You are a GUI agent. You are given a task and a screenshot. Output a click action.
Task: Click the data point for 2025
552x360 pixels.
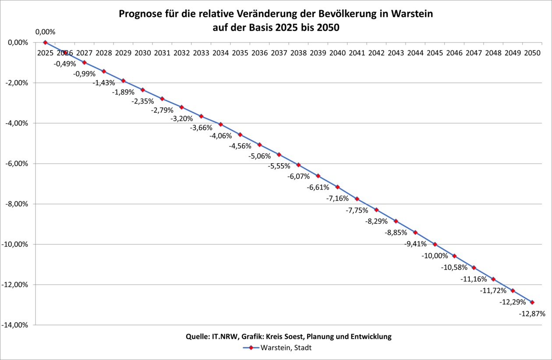[45, 43]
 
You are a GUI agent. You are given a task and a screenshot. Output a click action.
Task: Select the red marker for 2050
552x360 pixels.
[532, 302]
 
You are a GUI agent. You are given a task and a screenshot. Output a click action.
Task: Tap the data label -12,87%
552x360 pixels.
[532, 314]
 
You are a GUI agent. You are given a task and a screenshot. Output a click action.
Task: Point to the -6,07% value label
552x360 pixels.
[298, 176]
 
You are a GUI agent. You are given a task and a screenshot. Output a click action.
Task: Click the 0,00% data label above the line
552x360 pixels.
[46, 32]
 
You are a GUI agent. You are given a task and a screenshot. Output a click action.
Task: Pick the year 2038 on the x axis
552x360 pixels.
[298, 53]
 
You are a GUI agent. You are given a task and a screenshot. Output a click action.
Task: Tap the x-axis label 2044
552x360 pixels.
[415, 53]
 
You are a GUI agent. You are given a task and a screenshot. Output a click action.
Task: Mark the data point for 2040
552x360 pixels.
[337, 187]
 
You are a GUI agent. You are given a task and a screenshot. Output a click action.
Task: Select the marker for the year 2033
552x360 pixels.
[201, 116]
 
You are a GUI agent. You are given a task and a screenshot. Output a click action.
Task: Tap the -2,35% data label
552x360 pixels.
[142, 101]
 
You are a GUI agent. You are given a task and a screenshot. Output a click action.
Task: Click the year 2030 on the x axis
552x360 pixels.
[142, 53]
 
